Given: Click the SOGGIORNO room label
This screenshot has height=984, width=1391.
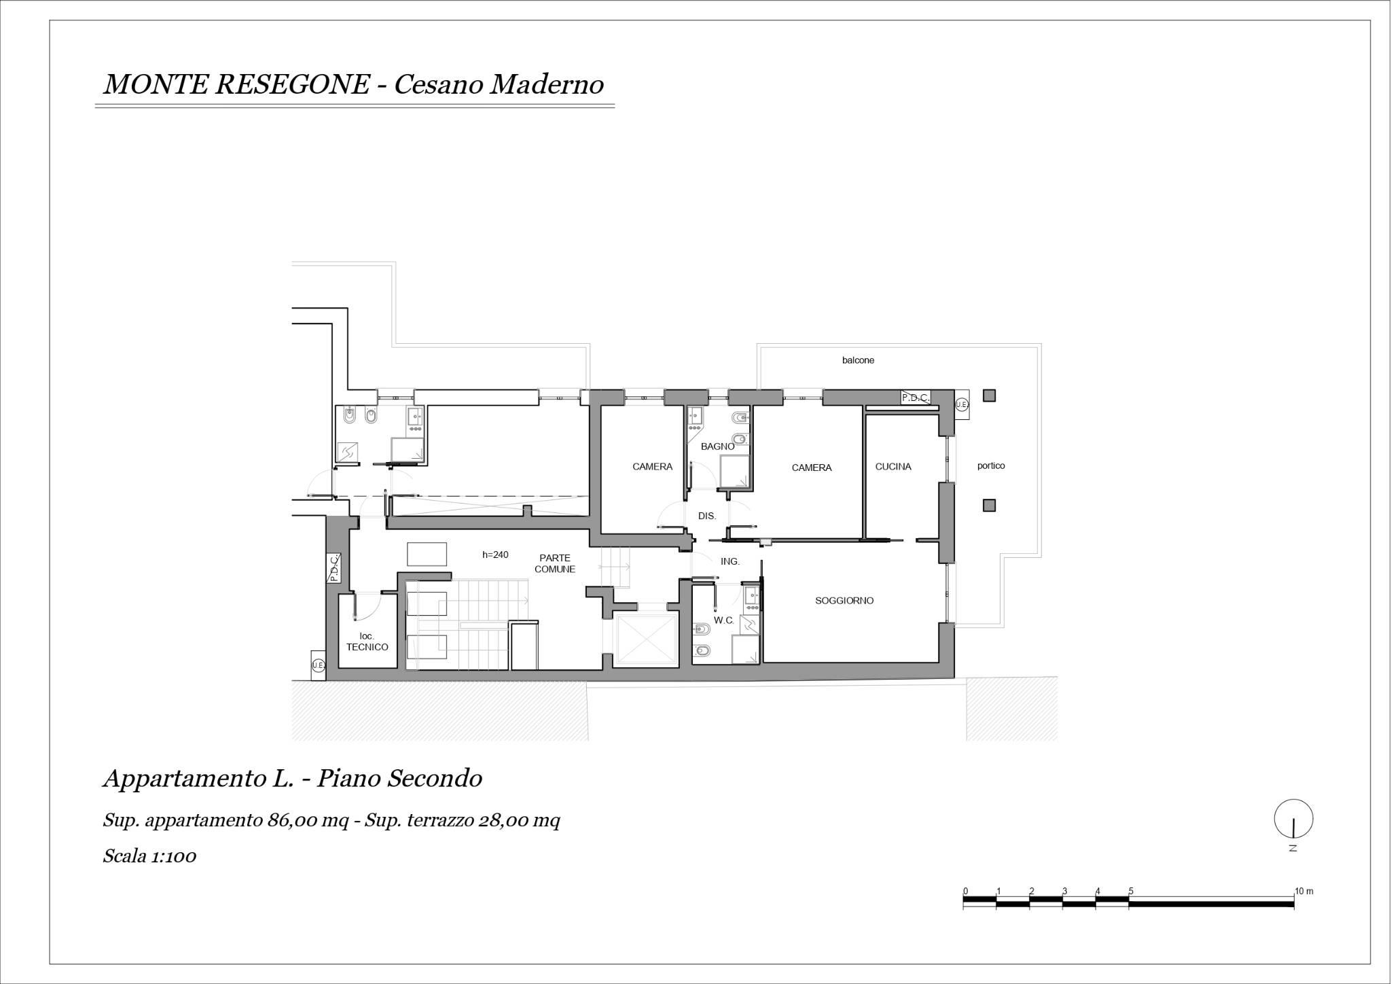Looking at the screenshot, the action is tap(844, 601).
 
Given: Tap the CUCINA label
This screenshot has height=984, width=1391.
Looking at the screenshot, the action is tap(893, 467).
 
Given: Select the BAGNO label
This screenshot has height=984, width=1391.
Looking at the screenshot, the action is tap(717, 446).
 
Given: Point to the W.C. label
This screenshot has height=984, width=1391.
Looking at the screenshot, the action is tap(723, 620).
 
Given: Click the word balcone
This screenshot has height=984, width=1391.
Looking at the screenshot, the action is tap(858, 360).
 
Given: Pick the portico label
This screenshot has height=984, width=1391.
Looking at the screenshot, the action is tap(991, 466).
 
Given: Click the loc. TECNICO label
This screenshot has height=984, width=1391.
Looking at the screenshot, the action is tap(367, 642).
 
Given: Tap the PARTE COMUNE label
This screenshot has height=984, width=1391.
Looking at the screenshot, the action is tap(555, 564).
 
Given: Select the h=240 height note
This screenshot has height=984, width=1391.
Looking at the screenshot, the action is tap(495, 555).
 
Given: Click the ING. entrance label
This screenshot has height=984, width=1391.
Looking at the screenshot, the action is tap(730, 562).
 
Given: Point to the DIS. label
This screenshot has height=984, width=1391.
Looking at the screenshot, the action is tap(707, 516).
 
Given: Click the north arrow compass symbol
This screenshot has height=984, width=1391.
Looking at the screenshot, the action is tap(1293, 819).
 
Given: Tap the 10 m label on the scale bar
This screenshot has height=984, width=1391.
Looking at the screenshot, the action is tap(1304, 891).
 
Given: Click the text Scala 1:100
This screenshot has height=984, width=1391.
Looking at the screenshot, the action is tap(149, 856).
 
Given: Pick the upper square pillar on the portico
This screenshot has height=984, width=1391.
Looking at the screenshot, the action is tap(989, 396).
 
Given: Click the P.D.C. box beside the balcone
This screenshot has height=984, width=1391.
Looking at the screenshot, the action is tap(915, 398).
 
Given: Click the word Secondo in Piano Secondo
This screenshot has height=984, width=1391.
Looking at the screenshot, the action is tap(434, 779).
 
